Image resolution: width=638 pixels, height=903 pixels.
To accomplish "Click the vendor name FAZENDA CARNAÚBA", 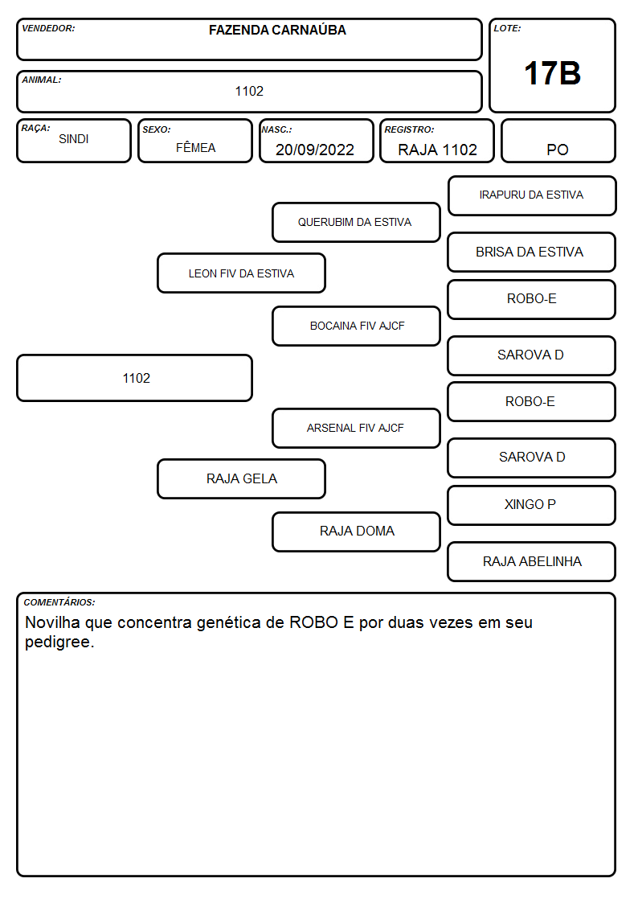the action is pos(277,30).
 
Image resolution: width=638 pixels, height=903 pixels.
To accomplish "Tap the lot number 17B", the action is pos(552,73).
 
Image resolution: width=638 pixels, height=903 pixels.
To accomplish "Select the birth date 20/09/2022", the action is pos(315,150).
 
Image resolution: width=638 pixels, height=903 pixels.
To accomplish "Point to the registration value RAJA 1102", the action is pos(437,150).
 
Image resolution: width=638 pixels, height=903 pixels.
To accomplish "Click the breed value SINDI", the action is pos(74,139).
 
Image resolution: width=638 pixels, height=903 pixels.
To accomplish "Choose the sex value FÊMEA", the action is pos(195,147).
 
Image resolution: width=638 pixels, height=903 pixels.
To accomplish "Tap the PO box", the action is pos(558,141).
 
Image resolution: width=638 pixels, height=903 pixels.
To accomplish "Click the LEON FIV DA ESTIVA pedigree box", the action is pos(242,273).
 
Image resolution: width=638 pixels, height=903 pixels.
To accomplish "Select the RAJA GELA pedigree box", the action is pos(242,478).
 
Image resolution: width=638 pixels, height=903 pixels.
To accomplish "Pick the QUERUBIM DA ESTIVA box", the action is pos(356,222).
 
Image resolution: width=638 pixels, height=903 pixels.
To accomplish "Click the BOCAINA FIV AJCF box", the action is pos(356,326).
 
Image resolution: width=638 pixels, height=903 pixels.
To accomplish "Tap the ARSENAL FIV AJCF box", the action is pos(356,428).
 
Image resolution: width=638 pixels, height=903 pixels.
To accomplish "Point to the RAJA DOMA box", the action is pos(356,532).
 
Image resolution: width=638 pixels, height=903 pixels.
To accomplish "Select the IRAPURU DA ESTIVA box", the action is pos(532,196).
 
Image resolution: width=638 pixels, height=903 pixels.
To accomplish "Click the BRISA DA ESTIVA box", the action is pos(532,252).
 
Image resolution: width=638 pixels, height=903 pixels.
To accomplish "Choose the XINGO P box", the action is pos(532,505).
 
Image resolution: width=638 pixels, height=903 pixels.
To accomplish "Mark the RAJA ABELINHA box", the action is pos(532,561).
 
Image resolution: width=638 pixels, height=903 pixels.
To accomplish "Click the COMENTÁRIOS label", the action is pos(59,602).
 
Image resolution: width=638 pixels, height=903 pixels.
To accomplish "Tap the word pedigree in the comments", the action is pos(59,642).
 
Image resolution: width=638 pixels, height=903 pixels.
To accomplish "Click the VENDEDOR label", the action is pos(48,28).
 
